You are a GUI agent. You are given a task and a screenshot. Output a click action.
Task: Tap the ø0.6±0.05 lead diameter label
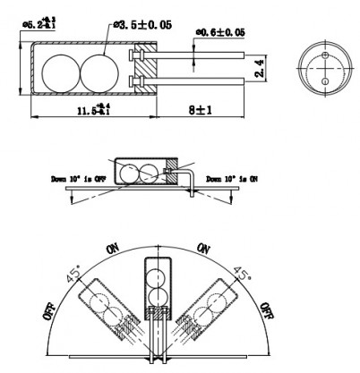click(x=220, y=34)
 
